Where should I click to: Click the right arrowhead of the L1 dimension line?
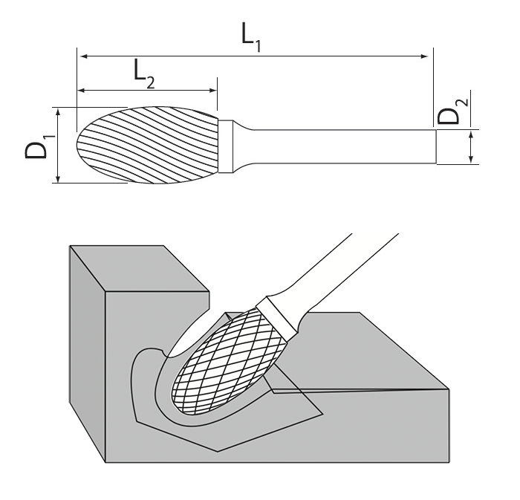(426, 56)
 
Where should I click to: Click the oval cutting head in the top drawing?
(149, 145)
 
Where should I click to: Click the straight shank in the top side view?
(342, 146)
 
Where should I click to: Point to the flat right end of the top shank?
(436, 146)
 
